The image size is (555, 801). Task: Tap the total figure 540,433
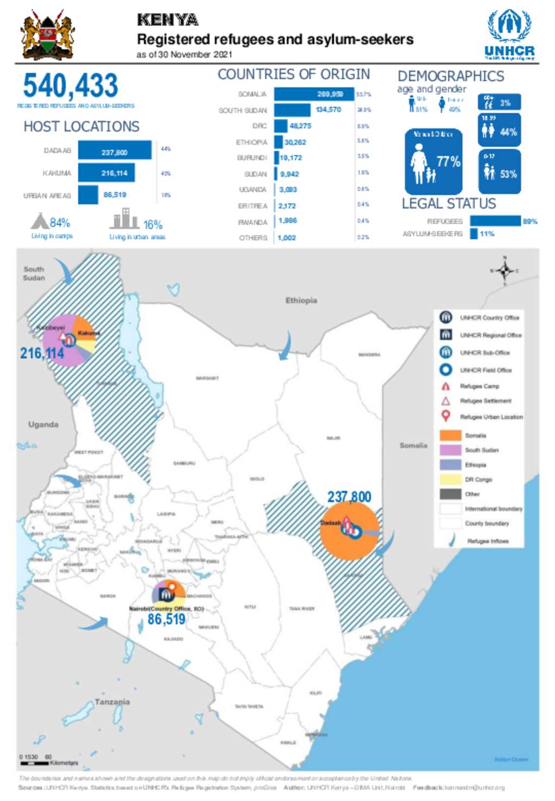70,86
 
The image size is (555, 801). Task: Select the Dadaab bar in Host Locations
114,151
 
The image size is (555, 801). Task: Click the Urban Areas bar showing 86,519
88,195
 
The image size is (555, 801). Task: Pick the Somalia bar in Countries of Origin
313,94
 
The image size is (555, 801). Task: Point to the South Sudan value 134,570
328,110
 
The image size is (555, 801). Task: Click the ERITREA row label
253,206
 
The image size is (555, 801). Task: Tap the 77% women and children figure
448,161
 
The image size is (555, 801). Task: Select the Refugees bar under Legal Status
494,221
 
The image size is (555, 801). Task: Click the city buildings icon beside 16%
125,219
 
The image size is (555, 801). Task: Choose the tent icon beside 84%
40,221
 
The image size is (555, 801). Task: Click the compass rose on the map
505,271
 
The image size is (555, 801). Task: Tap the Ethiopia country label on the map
301,301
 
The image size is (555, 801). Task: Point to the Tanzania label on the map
112,702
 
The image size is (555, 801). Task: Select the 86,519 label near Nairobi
166,620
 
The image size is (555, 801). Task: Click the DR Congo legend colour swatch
450,479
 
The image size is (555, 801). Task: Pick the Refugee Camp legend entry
479,387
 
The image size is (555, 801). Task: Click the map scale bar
34,763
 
